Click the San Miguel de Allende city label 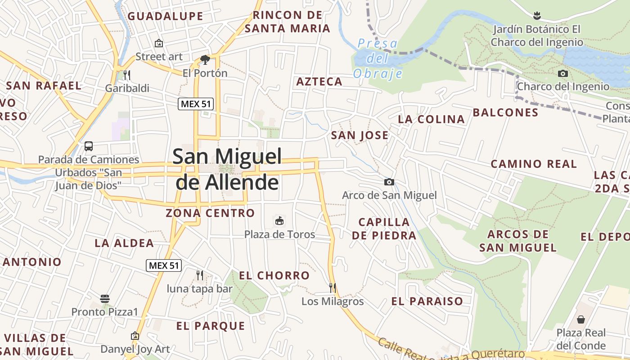pyautogui.click(x=227, y=169)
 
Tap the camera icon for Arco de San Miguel pyautogui.click(x=389, y=182)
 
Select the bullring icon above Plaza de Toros pyautogui.click(x=279, y=220)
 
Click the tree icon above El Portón pyautogui.click(x=205, y=59)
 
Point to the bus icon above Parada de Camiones pyautogui.click(x=89, y=146)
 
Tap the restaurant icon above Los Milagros pyautogui.click(x=333, y=287)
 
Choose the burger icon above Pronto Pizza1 pyautogui.click(x=105, y=298)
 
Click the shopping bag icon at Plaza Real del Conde pyautogui.click(x=581, y=319)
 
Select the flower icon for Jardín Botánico pyautogui.click(x=536, y=16)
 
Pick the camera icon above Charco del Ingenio pyautogui.click(x=562, y=73)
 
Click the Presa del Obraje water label pyautogui.click(x=377, y=58)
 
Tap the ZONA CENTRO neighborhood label pyautogui.click(x=210, y=213)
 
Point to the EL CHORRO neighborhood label pyautogui.click(x=274, y=276)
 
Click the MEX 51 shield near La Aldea pyautogui.click(x=164, y=265)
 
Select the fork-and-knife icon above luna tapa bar pyautogui.click(x=200, y=274)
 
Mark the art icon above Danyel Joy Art pyautogui.click(x=135, y=336)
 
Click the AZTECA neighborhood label pyautogui.click(x=319, y=82)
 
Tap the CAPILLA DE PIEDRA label pyautogui.click(x=384, y=229)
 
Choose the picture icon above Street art pyautogui.click(x=158, y=43)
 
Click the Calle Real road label pyautogui.click(x=405, y=349)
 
